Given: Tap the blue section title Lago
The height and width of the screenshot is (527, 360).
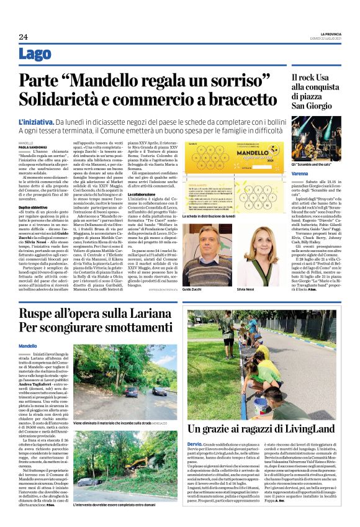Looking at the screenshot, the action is pos(35,55).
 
